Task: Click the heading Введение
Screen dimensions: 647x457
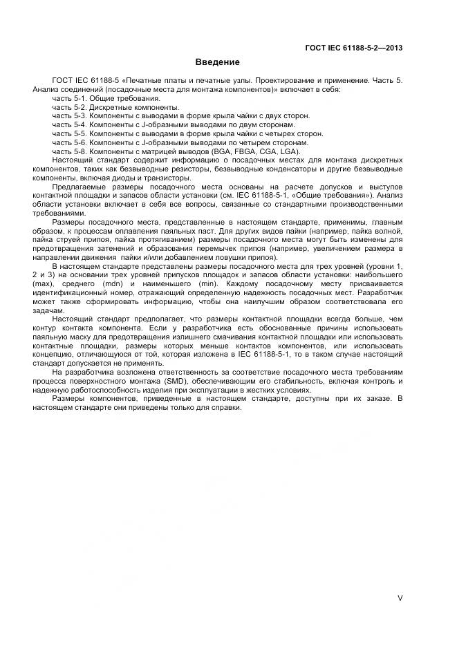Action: click(x=222, y=62)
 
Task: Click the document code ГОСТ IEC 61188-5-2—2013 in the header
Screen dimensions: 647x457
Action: click(x=354, y=48)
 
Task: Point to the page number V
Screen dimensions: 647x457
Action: click(x=400, y=598)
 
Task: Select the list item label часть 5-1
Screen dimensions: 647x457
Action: click(x=68, y=99)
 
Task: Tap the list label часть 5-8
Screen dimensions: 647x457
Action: click(x=68, y=151)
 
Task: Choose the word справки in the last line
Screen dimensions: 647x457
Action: click(x=226, y=408)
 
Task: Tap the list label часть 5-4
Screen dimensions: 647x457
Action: click(x=68, y=125)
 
